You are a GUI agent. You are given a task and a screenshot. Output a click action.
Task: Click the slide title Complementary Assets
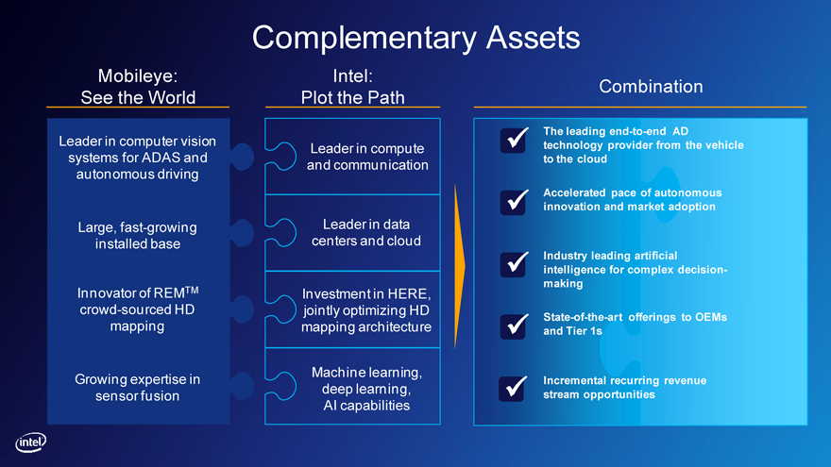coord(415,37)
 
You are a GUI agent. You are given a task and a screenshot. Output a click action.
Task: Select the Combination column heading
coord(651,86)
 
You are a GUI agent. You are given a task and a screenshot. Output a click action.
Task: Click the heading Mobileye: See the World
coord(138,86)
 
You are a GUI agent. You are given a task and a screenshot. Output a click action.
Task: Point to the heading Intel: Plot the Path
coord(353,86)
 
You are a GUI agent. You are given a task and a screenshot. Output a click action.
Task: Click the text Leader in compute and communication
coord(367,157)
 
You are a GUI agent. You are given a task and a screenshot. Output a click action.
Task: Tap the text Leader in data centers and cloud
coord(365,232)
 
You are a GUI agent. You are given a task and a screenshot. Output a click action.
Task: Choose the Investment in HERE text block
coord(365,309)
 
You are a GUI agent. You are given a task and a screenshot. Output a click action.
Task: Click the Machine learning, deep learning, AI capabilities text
coord(365,389)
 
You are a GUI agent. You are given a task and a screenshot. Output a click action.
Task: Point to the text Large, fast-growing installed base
coord(138,235)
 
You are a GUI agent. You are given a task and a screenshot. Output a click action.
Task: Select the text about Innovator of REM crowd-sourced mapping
coord(138,309)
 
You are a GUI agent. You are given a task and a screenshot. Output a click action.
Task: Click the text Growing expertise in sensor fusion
coord(138,388)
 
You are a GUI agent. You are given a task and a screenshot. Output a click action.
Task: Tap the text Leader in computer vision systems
coord(138,157)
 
